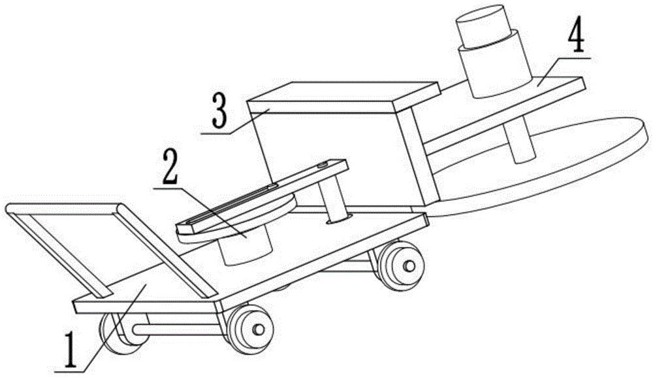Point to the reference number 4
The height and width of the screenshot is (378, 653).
574,41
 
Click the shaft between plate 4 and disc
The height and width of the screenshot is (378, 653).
522,141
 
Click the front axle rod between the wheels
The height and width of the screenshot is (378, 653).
176,329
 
